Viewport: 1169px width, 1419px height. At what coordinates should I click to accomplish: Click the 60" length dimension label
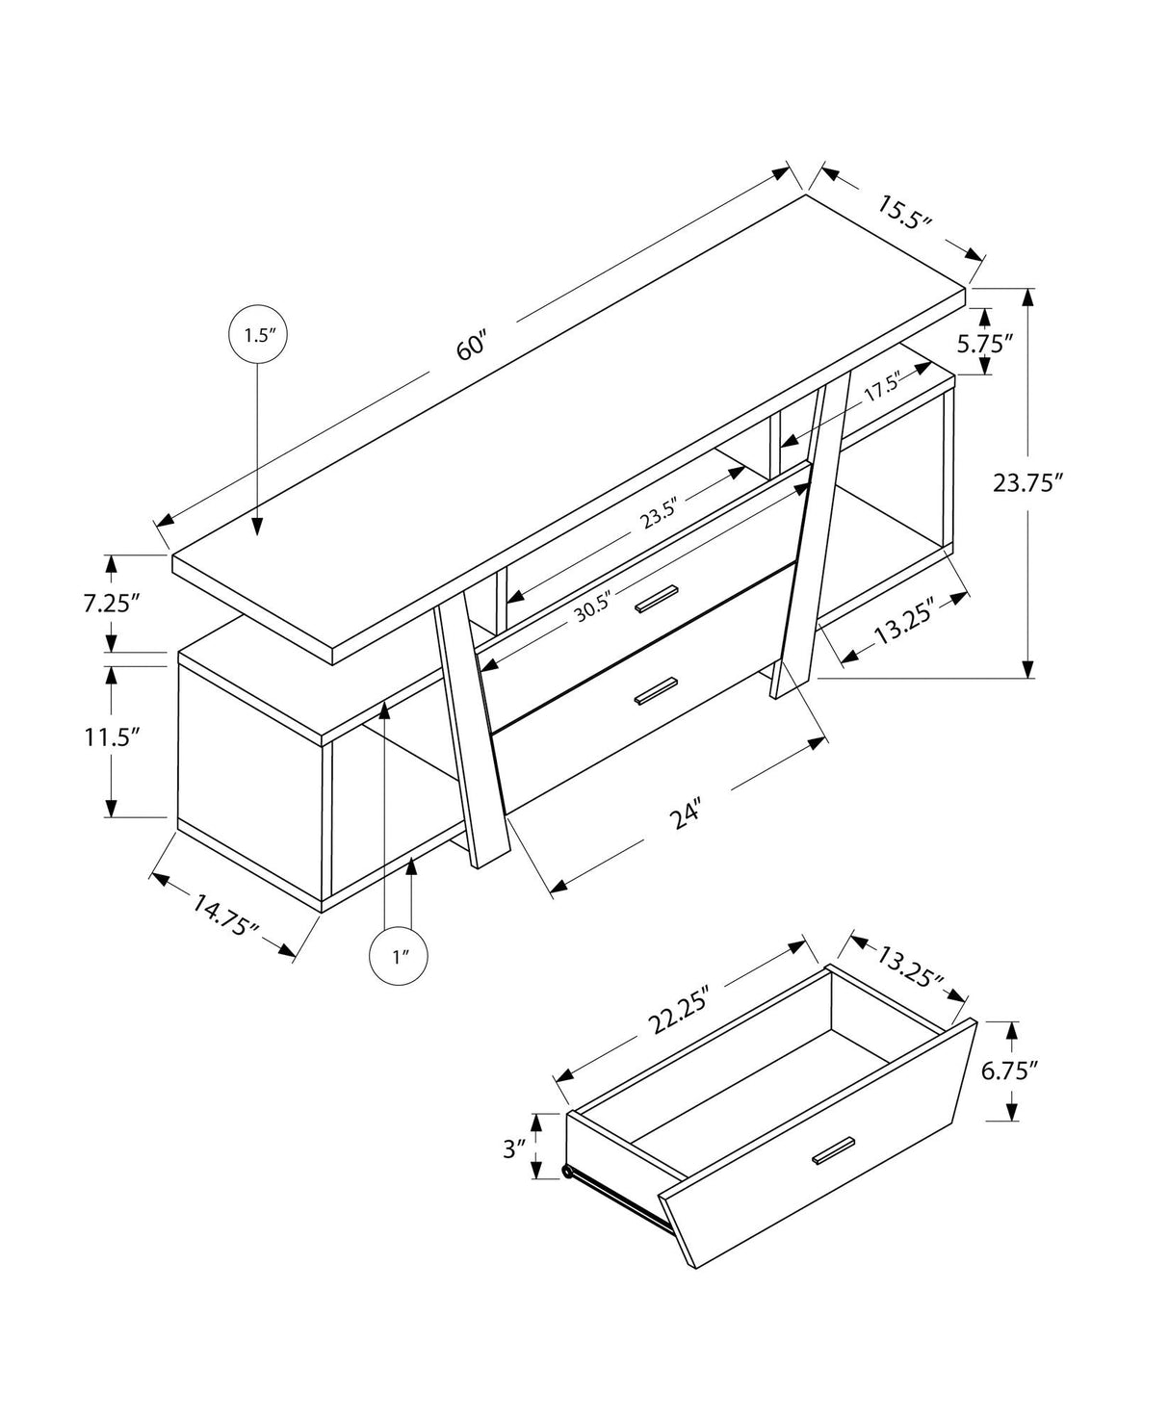(x=474, y=344)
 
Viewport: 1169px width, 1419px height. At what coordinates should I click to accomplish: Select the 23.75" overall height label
(x=1027, y=482)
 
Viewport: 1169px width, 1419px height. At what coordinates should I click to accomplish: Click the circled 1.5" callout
(x=258, y=335)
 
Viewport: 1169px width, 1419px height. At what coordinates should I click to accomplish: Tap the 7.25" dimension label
(x=112, y=604)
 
